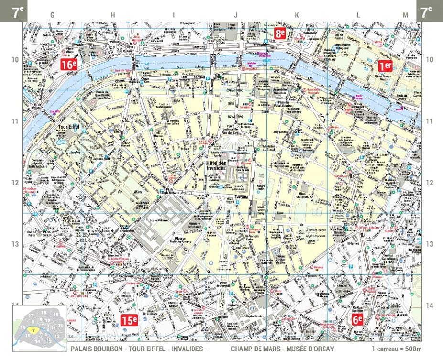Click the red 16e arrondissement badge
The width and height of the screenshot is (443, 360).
tap(69, 65)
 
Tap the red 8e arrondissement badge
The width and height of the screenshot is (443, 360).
tap(280, 33)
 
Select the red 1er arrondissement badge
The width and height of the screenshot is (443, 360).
tap(385, 65)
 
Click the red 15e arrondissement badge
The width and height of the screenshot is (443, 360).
tap(129, 321)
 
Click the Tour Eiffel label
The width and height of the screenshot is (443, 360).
tap(69, 127)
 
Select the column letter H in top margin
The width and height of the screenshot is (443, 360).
tap(113, 15)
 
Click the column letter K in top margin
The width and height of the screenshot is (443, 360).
tap(297, 15)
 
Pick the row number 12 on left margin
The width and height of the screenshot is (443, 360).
tap(15, 183)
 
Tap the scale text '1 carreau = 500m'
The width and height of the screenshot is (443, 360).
tap(396, 349)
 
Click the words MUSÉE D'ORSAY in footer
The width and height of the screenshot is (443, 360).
tap(311, 349)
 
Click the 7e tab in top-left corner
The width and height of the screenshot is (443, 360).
tap(18, 11)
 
